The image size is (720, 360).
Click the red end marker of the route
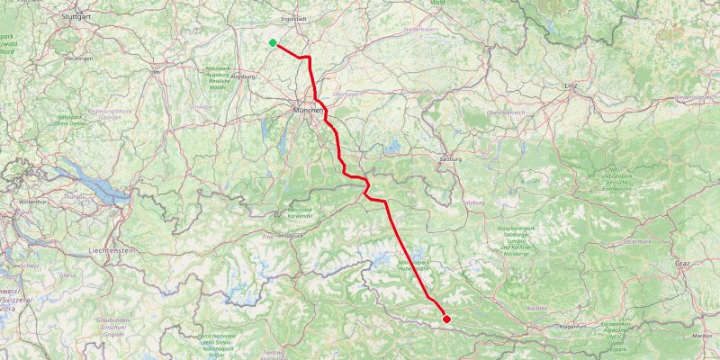[x=446, y=318]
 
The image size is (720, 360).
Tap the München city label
[x=307, y=110]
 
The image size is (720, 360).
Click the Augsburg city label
[x=244, y=77]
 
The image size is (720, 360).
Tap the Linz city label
[x=570, y=85]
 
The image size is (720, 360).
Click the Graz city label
[x=681, y=263]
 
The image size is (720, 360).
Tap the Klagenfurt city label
[x=574, y=326]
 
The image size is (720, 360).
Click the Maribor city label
[x=702, y=335]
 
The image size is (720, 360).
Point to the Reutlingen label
[x=80, y=58]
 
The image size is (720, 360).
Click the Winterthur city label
[x=21, y=202]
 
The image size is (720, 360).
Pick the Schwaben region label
[x=202, y=105]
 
